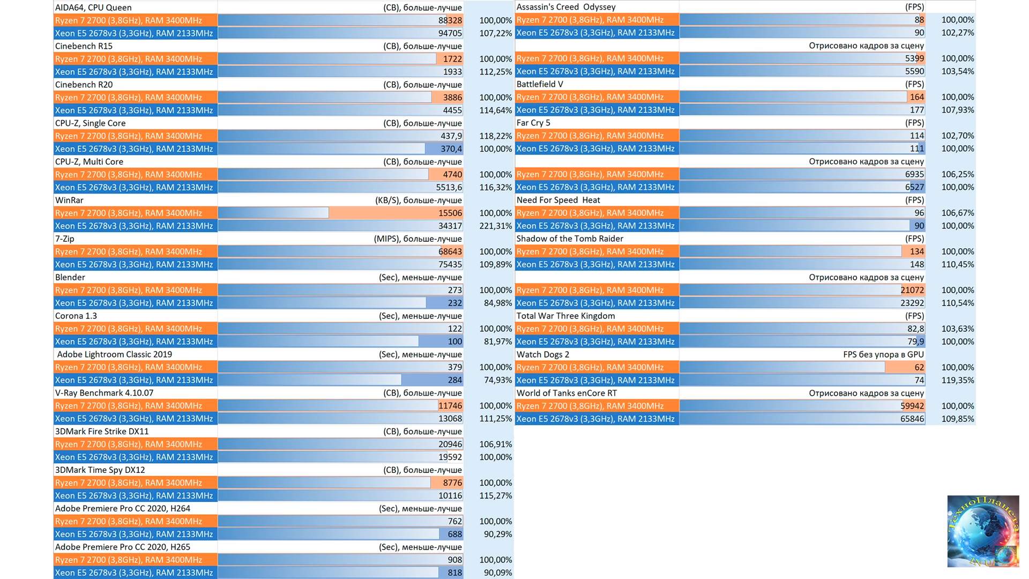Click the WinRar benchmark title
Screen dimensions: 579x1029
70,201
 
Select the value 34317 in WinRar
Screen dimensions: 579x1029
450,226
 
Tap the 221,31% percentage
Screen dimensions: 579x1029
495,226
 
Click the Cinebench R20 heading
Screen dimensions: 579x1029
84,85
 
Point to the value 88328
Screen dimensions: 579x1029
450,20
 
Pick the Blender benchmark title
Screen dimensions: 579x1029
70,278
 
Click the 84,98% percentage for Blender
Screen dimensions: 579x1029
497,303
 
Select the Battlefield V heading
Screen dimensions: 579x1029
540,84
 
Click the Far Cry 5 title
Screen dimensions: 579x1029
533,123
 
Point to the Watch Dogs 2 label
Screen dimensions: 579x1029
542,354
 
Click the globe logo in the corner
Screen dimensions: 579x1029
983,531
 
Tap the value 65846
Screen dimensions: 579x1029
912,419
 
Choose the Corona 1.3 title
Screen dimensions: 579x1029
76,316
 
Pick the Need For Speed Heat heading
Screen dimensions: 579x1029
558,200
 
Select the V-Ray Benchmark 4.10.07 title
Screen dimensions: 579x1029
105,393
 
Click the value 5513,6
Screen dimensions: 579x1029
449,188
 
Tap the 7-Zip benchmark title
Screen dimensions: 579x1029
65,239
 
